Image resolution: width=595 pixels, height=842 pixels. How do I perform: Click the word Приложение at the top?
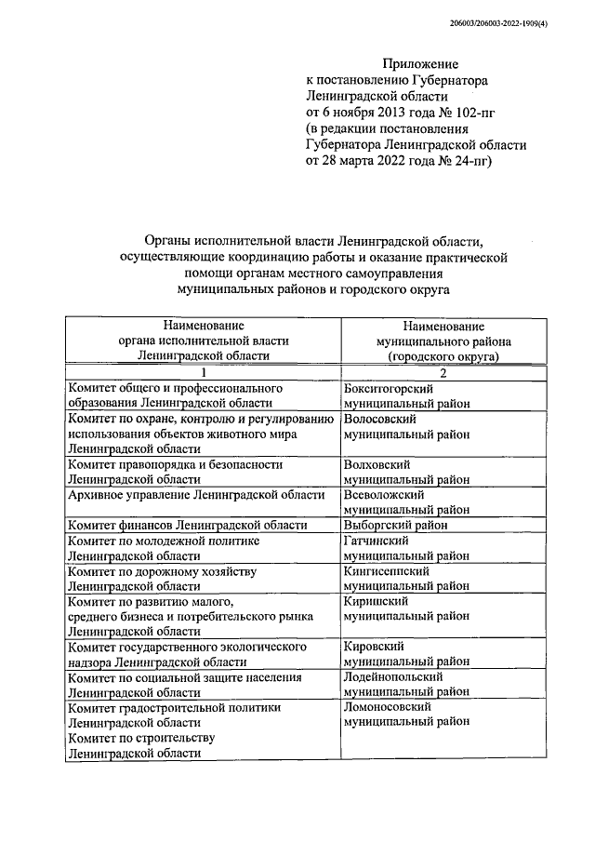422,63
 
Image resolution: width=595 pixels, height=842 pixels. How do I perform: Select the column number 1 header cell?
202,372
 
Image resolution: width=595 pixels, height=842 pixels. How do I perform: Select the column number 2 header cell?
443,372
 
